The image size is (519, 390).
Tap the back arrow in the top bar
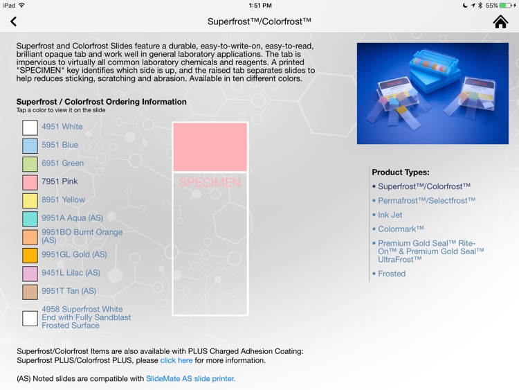click(14, 22)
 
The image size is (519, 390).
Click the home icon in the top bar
click(500, 22)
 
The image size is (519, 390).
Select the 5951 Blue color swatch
click(30, 145)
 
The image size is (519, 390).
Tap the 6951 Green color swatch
click(30, 164)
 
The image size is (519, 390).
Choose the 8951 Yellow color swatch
click(30, 201)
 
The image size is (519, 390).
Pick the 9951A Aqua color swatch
click(30, 219)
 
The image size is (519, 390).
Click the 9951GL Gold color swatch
click(30, 255)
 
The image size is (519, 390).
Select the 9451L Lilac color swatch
click(30, 274)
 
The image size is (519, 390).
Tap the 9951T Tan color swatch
click(30, 292)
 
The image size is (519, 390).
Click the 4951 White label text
click(62, 127)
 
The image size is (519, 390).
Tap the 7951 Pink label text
click(60, 181)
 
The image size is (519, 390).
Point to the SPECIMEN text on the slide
click(210, 183)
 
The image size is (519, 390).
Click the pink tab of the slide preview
click(210, 147)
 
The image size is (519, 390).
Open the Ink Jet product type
click(390, 215)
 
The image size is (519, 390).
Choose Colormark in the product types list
click(401, 229)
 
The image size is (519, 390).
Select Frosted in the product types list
click(392, 274)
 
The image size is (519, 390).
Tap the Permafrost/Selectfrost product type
click(426, 201)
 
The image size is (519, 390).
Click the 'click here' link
click(176, 360)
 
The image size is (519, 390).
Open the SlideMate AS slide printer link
click(190, 379)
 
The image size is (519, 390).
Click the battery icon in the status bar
click(506, 6)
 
